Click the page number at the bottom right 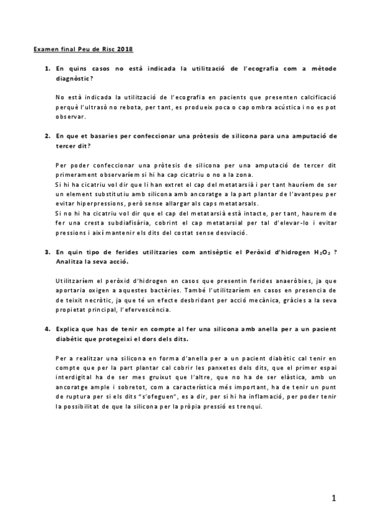click(x=333, y=497)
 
